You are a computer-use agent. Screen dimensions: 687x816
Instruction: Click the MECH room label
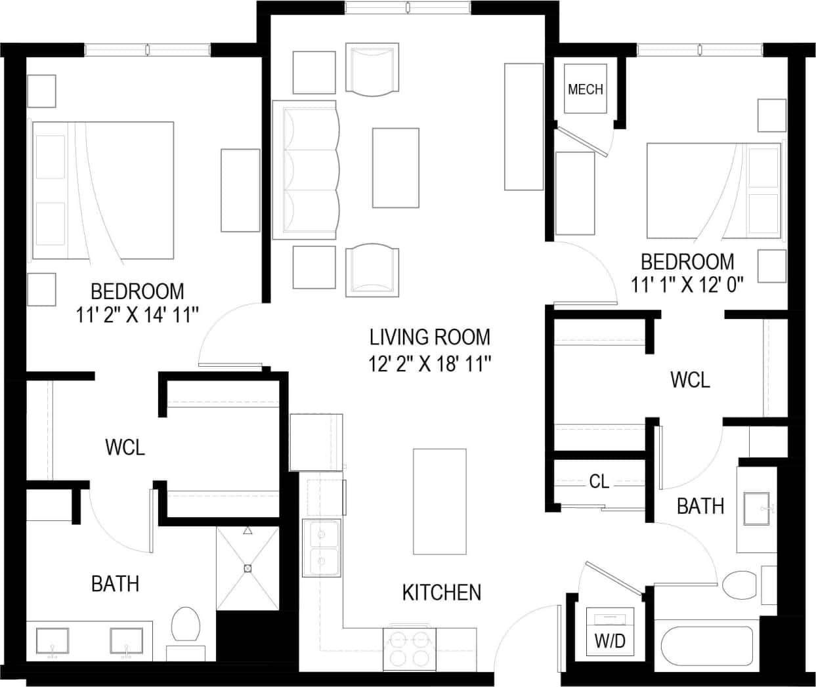coord(585,89)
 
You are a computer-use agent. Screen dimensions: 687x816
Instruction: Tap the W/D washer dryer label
coord(610,641)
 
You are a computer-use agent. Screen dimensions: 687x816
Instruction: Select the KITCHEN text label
coord(441,593)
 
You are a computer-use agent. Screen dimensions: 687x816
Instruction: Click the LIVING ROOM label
coord(429,337)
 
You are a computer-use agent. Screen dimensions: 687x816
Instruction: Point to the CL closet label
coord(599,482)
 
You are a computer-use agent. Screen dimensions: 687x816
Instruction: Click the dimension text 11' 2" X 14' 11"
coord(137,316)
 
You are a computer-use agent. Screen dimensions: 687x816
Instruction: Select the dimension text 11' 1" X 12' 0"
coord(687,285)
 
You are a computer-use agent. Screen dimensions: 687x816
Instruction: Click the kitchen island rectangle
coord(439,501)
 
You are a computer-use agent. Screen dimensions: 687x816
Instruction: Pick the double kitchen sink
coord(321,548)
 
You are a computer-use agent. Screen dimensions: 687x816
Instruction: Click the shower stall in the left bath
coord(247,568)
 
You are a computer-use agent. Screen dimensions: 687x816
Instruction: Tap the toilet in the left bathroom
coord(186,625)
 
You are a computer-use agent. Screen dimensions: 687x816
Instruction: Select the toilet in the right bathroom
coord(740,584)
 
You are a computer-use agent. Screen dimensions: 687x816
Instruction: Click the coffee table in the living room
coord(395,168)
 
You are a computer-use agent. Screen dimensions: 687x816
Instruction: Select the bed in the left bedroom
coord(103,190)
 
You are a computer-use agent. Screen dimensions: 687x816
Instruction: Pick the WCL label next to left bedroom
coord(125,448)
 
